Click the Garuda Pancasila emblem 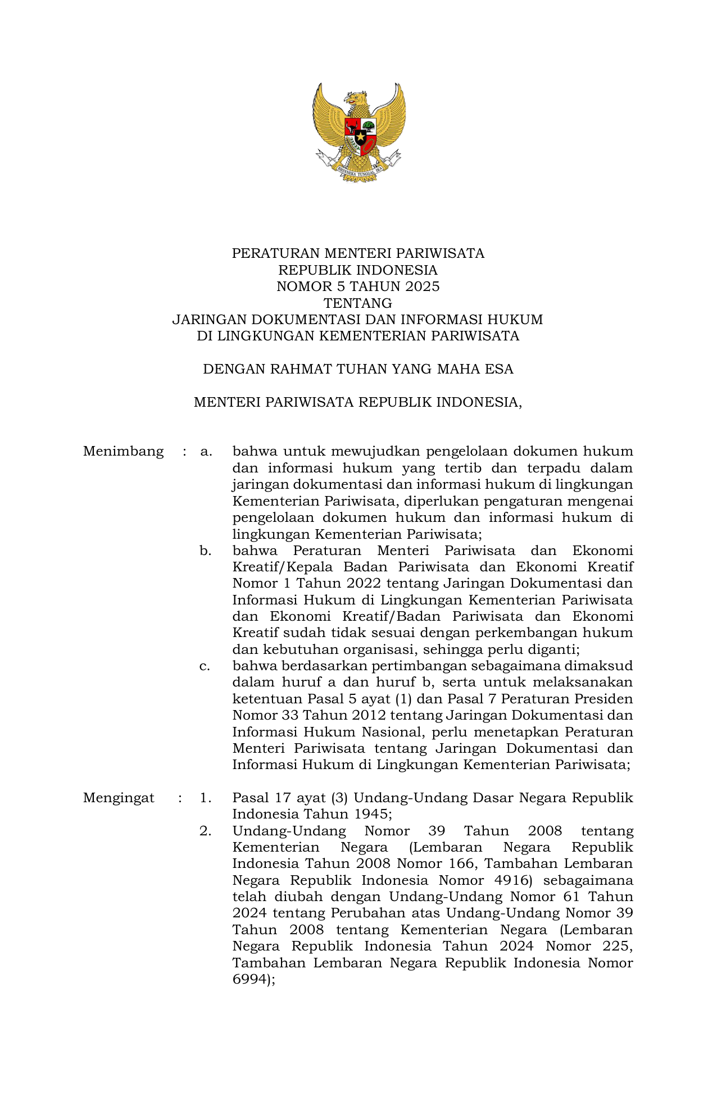coord(358,131)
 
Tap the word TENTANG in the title coord(358,303)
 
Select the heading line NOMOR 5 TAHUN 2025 coord(358,286)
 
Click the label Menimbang coord(123,452)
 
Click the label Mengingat coord(119,798)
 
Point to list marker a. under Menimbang coord(206,452)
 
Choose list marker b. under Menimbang coord(206,551)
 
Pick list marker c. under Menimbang coord(205,666)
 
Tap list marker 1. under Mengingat coord(205,798)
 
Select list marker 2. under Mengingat coord(205,831)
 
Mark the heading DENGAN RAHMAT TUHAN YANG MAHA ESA coord(358,369)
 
